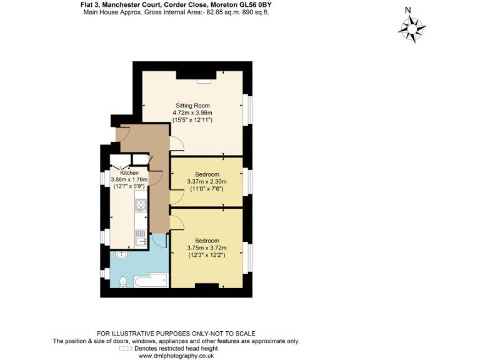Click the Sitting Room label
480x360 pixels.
(x=192, y=105)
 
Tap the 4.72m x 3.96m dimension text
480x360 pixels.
(x=192, y=112)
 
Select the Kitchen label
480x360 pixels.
(x=121, y=173)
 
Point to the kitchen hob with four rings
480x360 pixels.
(x=140, y=206)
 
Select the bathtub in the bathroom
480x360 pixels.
(x=150, y=281)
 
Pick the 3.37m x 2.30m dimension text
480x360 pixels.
(x=207, y=181)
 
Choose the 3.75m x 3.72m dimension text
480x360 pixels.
(x=207, y=248)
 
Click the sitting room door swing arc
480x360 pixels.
(x=177, y=144)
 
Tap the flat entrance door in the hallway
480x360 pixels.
(x=122, y=132)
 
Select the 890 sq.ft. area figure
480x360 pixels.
(x=254, y=12)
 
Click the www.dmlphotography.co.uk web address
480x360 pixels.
(x=176, y=356)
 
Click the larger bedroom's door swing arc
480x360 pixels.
(x=177, y=220)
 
